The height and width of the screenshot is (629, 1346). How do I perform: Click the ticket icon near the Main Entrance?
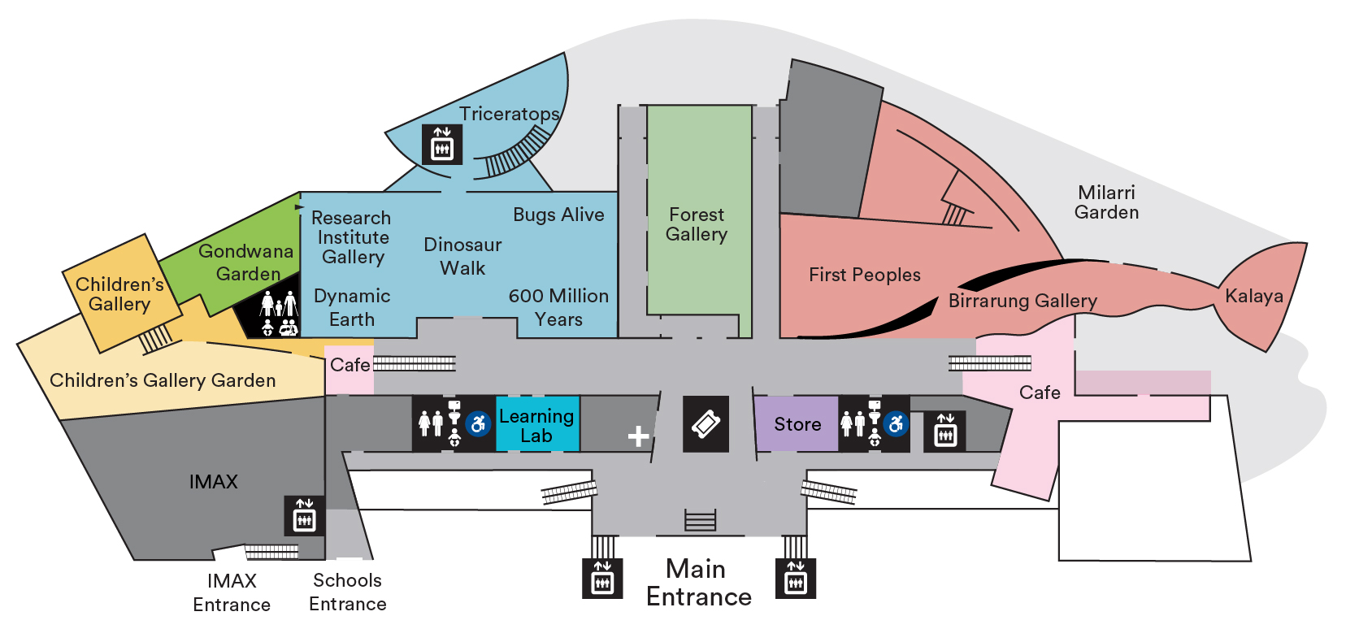pos(706,423)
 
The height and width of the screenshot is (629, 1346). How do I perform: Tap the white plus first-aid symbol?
pos(639,436)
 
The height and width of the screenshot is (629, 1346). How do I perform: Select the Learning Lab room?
pos(536,425)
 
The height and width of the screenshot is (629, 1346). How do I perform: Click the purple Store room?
pos(797,424)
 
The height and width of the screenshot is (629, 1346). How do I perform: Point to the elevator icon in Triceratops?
pos(442,144)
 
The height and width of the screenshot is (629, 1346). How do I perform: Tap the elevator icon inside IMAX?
pos(304,515)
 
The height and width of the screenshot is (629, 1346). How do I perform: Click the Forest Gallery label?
pos(697,224)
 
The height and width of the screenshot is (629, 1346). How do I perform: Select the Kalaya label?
pos(1253,296)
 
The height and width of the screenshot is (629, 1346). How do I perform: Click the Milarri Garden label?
pos(1106,202)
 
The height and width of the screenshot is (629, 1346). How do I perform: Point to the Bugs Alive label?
pos(558,215)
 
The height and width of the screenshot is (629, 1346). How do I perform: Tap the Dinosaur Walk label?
pos(462,256)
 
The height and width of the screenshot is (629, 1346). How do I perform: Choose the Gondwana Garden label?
pos(246,262)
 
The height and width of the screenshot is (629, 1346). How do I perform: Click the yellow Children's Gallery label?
pos(119,294)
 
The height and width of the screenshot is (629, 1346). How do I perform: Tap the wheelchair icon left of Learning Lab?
pos(479,423)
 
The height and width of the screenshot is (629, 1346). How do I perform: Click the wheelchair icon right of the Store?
pos(896,423)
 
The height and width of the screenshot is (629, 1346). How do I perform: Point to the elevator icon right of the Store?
pos(945,430)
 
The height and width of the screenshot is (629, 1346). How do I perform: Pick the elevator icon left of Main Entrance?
pos(602,578)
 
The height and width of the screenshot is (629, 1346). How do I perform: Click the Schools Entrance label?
pos(348,592)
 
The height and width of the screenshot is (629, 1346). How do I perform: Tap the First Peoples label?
pos(864,275)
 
